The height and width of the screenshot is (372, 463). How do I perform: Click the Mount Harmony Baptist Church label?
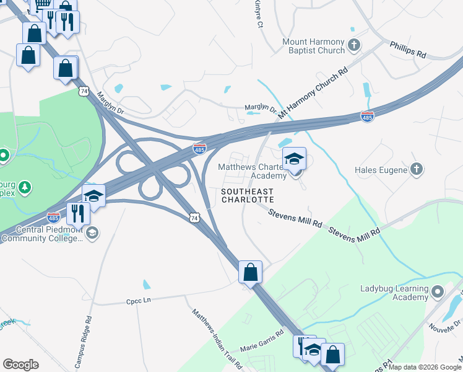coord(313,46)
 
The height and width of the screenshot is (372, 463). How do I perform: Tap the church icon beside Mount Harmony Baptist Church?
coord(354,45)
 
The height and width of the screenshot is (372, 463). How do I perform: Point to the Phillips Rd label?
coord(408,50)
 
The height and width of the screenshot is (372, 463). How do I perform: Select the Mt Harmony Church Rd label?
coord(313,94)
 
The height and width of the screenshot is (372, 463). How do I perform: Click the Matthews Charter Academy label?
coord(253,171)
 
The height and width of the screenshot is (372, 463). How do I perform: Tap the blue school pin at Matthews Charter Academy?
coord(294,159)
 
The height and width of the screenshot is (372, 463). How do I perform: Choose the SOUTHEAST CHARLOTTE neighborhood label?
coord(248,196)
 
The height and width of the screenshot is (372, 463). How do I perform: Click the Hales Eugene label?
coord(381,169)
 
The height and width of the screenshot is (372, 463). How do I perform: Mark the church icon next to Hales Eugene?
coord(417,169)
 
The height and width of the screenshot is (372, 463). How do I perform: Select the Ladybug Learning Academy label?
coord(394,293)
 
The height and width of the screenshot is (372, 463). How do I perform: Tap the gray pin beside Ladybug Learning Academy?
coord(438,291)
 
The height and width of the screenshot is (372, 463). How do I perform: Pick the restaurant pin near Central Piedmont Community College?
coord(79,213)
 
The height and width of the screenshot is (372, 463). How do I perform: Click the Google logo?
coord(20,364)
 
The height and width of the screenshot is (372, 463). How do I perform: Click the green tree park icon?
coord(25,187)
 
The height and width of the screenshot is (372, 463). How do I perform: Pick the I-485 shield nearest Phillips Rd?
coord(367,116)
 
